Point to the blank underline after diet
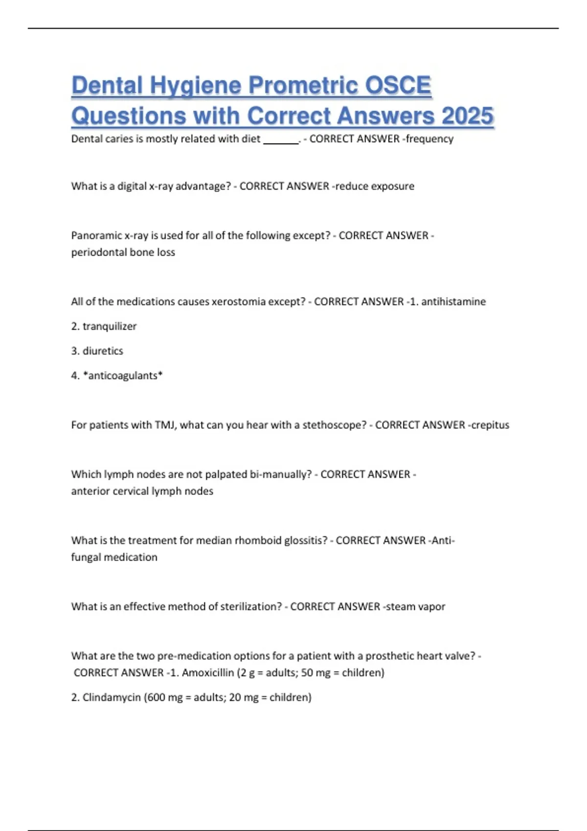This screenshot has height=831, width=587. click(x=281, y=142)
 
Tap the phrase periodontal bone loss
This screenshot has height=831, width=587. click(x=123, y=252)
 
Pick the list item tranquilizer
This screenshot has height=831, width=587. click(x=110, y=326)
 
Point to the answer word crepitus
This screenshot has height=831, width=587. click(x=490, y=425)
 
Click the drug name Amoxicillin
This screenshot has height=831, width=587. click(x=208, y=673)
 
